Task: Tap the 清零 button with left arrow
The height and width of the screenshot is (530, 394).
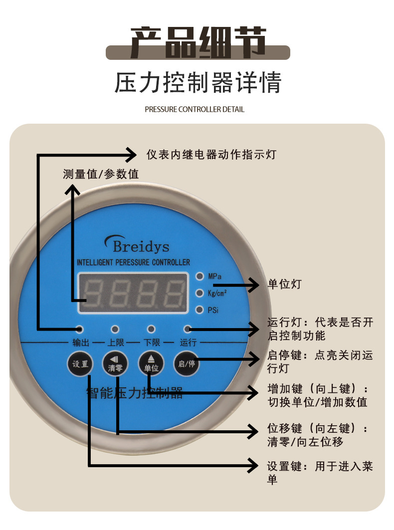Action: (x=115, y=364)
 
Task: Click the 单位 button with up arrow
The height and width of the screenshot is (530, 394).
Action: (x=151, y=364)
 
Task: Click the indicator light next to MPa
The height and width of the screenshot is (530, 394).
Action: (x=199, y=276)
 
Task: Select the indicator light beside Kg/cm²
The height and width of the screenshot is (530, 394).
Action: (x=199, y=293)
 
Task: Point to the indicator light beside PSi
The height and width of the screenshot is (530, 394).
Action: (x=199, y=310)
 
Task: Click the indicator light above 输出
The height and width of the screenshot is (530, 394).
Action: (x=79, y=329)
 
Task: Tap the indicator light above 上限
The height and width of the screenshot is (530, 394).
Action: (x=115, y=329)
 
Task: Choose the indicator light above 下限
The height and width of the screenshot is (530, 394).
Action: (x=151, y=329)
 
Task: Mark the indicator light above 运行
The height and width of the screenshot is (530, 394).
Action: (x=188, y=329)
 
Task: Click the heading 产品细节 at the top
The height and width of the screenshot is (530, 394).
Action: (x=198, y=43)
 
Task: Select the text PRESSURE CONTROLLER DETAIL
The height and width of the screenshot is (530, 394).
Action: (x=195, y=109)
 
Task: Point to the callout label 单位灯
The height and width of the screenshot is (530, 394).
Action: (x=285, y=285)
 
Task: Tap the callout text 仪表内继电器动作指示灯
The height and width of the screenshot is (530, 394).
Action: (x=211, y=155)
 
